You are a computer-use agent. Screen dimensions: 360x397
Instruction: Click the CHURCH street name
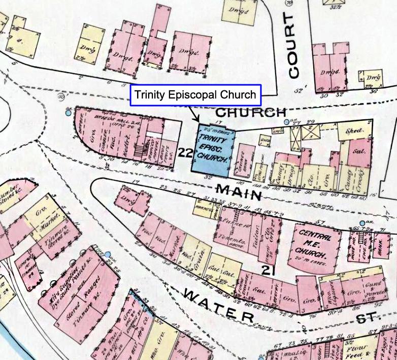coord(251,112)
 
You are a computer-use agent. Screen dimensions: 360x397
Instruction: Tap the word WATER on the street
coord(218,305)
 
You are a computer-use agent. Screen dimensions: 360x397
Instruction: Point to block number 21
coord(269,270)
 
